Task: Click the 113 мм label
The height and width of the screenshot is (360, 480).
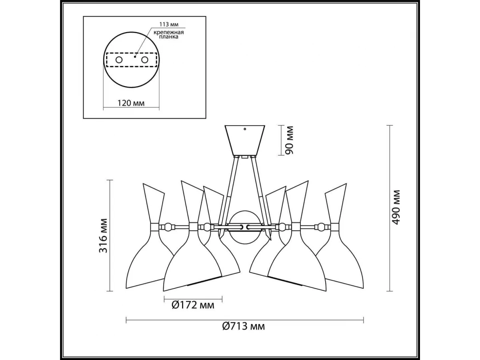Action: [x=169, y=24]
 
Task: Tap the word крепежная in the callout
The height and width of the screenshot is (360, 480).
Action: [x=169, y=32]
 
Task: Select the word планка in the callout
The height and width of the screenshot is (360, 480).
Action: [x=169, y=37]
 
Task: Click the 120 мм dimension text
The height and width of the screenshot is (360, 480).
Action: [x=131, y=103]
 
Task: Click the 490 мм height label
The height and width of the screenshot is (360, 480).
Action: [x=396, y=207]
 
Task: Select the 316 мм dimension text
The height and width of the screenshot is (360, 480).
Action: [x=103, y=236]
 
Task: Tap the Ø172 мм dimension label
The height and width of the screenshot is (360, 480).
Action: [x=193, y=305]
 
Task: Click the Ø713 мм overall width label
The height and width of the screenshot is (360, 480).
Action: [x=244, y=332]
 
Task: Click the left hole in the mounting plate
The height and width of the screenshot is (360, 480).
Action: [x=119, y=60]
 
